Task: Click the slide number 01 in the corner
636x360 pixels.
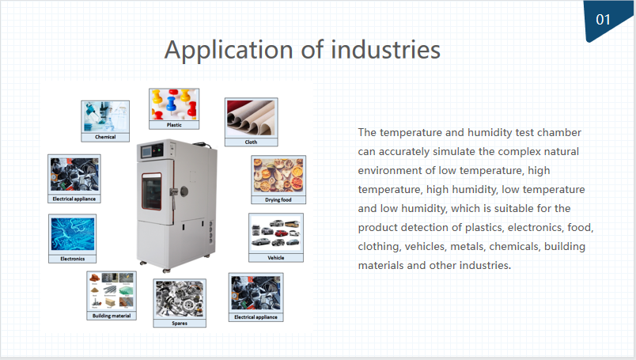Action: click(x=603, y=19)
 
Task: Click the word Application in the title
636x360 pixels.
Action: click(x=229, y=51)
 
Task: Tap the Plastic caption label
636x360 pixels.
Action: click(x=174, y=125)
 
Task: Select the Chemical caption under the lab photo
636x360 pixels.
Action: click(x=105, y=137)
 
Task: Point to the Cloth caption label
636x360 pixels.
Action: click(x=251, y=142)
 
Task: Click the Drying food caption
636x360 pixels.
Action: click(x=278, y=199)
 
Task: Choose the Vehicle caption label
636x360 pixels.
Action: click(x=276, y=258)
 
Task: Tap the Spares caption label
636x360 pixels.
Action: click(x=180, y=324)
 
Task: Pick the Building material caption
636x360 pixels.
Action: click(x=112, y=316)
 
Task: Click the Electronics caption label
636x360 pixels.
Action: click(x=73, y=259)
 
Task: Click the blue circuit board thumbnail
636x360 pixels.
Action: click(x=73, y=234)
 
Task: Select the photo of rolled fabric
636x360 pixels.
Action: click(x=251, y=118)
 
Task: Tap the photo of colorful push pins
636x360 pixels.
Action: click(x=174, y=104)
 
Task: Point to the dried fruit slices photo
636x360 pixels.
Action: click(x=278, y=176)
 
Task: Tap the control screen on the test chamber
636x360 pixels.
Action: click(x=146, y=152)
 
